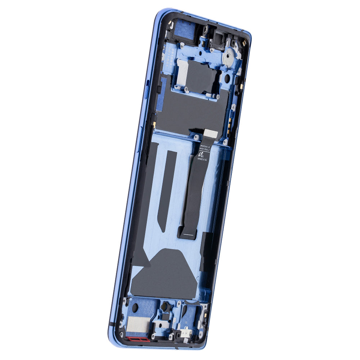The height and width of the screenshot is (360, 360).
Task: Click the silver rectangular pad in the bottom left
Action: click(138, 324)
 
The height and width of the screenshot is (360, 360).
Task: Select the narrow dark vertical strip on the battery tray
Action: click(168, 191)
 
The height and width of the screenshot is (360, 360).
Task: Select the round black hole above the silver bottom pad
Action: click(135, 308)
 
